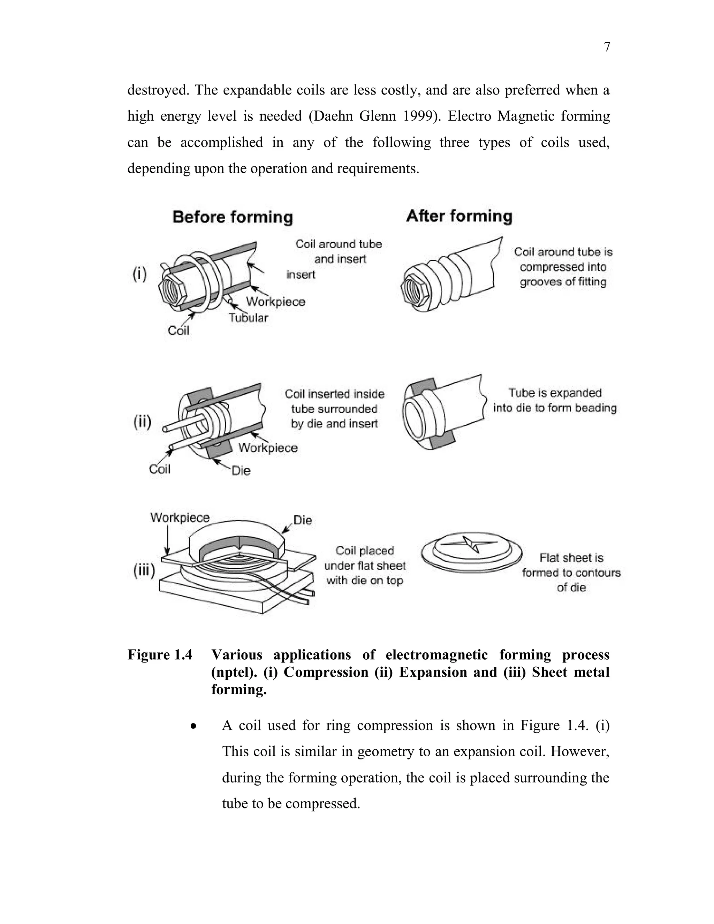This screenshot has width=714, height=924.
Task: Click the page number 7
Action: pyautogui.click(x=607, y=47)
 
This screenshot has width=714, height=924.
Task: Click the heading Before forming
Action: pyautogui.click(x=233, y=217)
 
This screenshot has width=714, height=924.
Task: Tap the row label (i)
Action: pyautogui.click(x=139, y=274)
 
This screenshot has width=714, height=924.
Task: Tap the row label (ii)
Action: pyautogui.click(x=143, y=422)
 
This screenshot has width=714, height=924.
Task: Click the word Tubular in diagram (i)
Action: pyautogui.click(x=248, y=318)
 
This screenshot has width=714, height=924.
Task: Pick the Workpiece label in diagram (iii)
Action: pyautogui.click(x=180, y=517)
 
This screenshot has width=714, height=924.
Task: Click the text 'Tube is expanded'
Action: pyautogui.click(x=555, y=393)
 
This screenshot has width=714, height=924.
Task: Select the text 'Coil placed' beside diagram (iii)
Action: pyautogui.click(x=365, y=551)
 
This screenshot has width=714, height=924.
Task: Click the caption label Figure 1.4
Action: pyautogui.click(x=160, y=655)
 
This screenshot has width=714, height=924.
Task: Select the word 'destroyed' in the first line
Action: pyautogui.click(x=157, y=90)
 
